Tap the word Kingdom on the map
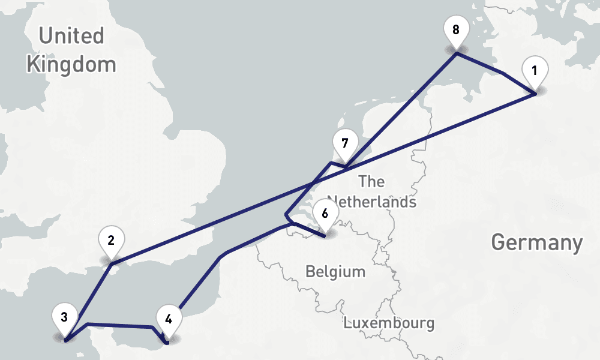click(x=71, y=64)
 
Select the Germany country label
click(x=536, y=243)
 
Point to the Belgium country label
click(x=335, y=272)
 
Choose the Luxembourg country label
click(x=389, y=323)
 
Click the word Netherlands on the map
click(x=372, y=202)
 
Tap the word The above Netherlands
click(x=371, y=181)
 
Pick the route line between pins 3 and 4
click(x=120, y=326)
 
